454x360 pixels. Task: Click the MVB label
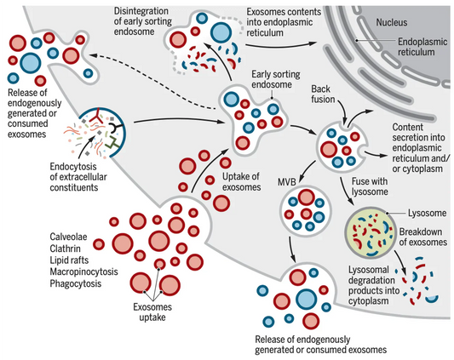point(288,182)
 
